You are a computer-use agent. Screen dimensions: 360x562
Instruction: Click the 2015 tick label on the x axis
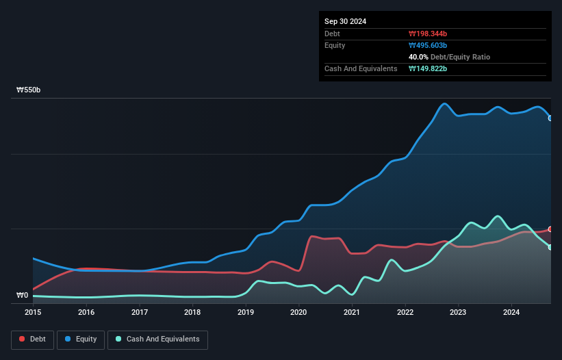coord(33,313)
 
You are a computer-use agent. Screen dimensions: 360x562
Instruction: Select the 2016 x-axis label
coord(86,313)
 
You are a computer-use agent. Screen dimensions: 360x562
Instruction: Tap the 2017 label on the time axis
coord(140,313)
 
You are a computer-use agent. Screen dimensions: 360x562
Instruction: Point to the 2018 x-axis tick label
coord(192,313)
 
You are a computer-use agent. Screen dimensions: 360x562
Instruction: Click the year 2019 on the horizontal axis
coord(246,313)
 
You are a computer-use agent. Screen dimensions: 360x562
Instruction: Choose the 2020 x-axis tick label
coord(298,313)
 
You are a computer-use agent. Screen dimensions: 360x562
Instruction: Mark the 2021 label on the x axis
coord(352,313)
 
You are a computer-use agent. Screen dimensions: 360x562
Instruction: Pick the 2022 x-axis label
coord(405,313)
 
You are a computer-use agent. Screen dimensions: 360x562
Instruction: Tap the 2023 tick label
coord(458,313)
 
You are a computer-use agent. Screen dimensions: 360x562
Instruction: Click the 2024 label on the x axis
coord(511,313)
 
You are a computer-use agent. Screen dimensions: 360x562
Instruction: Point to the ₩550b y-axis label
coord(29,90)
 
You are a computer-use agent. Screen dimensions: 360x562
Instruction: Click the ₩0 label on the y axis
coord(23,296)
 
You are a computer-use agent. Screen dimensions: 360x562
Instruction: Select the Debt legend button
coord(31,339)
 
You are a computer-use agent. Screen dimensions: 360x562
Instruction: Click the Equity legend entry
coord(80,339)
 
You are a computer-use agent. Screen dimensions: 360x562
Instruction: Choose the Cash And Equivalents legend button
coord(157,339)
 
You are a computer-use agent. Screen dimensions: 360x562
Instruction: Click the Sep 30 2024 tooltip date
coord(346,21)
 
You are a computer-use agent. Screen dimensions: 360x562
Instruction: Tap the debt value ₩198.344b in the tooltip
coord(428,34)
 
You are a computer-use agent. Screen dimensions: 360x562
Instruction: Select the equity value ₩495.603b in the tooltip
coord(428,45)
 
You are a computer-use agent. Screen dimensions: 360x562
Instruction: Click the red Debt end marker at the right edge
coord(550,229)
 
